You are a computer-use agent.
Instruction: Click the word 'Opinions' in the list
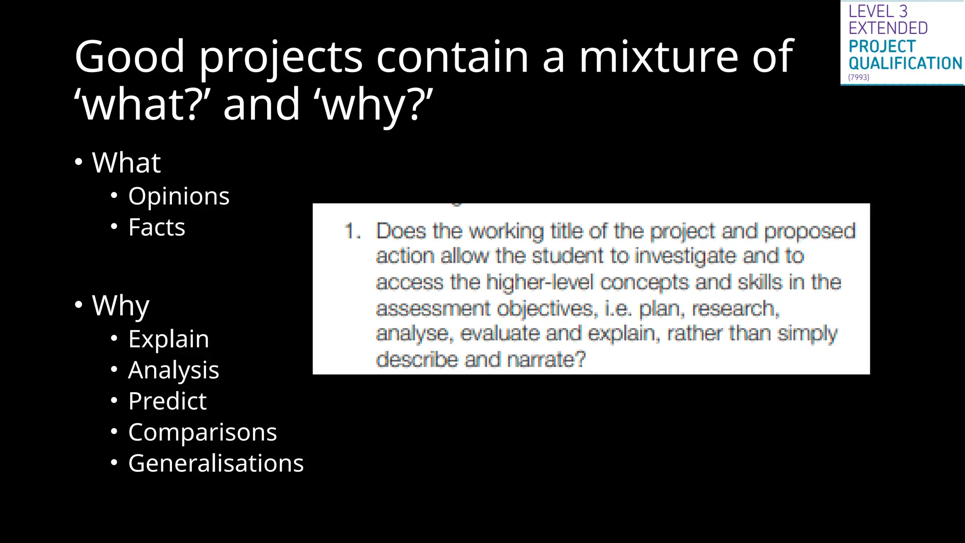[179, 197]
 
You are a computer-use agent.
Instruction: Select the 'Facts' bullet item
[156, 228]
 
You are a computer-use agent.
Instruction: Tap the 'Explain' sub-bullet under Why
[168, 339]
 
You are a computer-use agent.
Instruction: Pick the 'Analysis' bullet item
[173, 370]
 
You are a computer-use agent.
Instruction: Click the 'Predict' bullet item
[167, 402]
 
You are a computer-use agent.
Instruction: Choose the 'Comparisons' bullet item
[202, 433]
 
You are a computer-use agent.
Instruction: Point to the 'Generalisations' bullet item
[216, 464]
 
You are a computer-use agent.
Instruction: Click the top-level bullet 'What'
[126, 163]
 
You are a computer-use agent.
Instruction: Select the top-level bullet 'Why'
[121, 306]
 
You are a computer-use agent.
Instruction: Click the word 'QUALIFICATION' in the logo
[905, 63]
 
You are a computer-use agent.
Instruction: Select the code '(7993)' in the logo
[859, 77]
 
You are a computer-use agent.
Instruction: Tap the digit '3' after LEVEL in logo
[903, 11]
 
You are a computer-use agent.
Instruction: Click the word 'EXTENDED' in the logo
[888, 28]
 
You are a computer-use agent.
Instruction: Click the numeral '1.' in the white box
[352, 231]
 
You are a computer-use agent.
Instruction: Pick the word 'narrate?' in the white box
[547, 360]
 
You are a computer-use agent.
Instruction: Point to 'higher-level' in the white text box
[540, 282]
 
